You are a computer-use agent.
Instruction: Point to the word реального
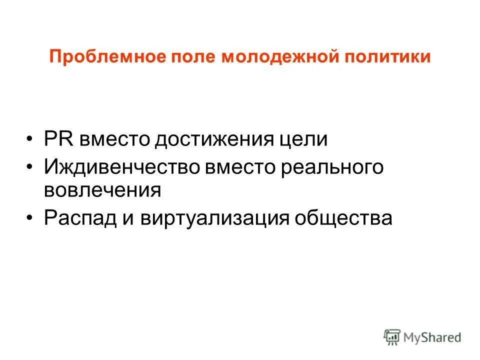click(334, 167)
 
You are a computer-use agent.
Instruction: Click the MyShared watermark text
click(433, 337)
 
